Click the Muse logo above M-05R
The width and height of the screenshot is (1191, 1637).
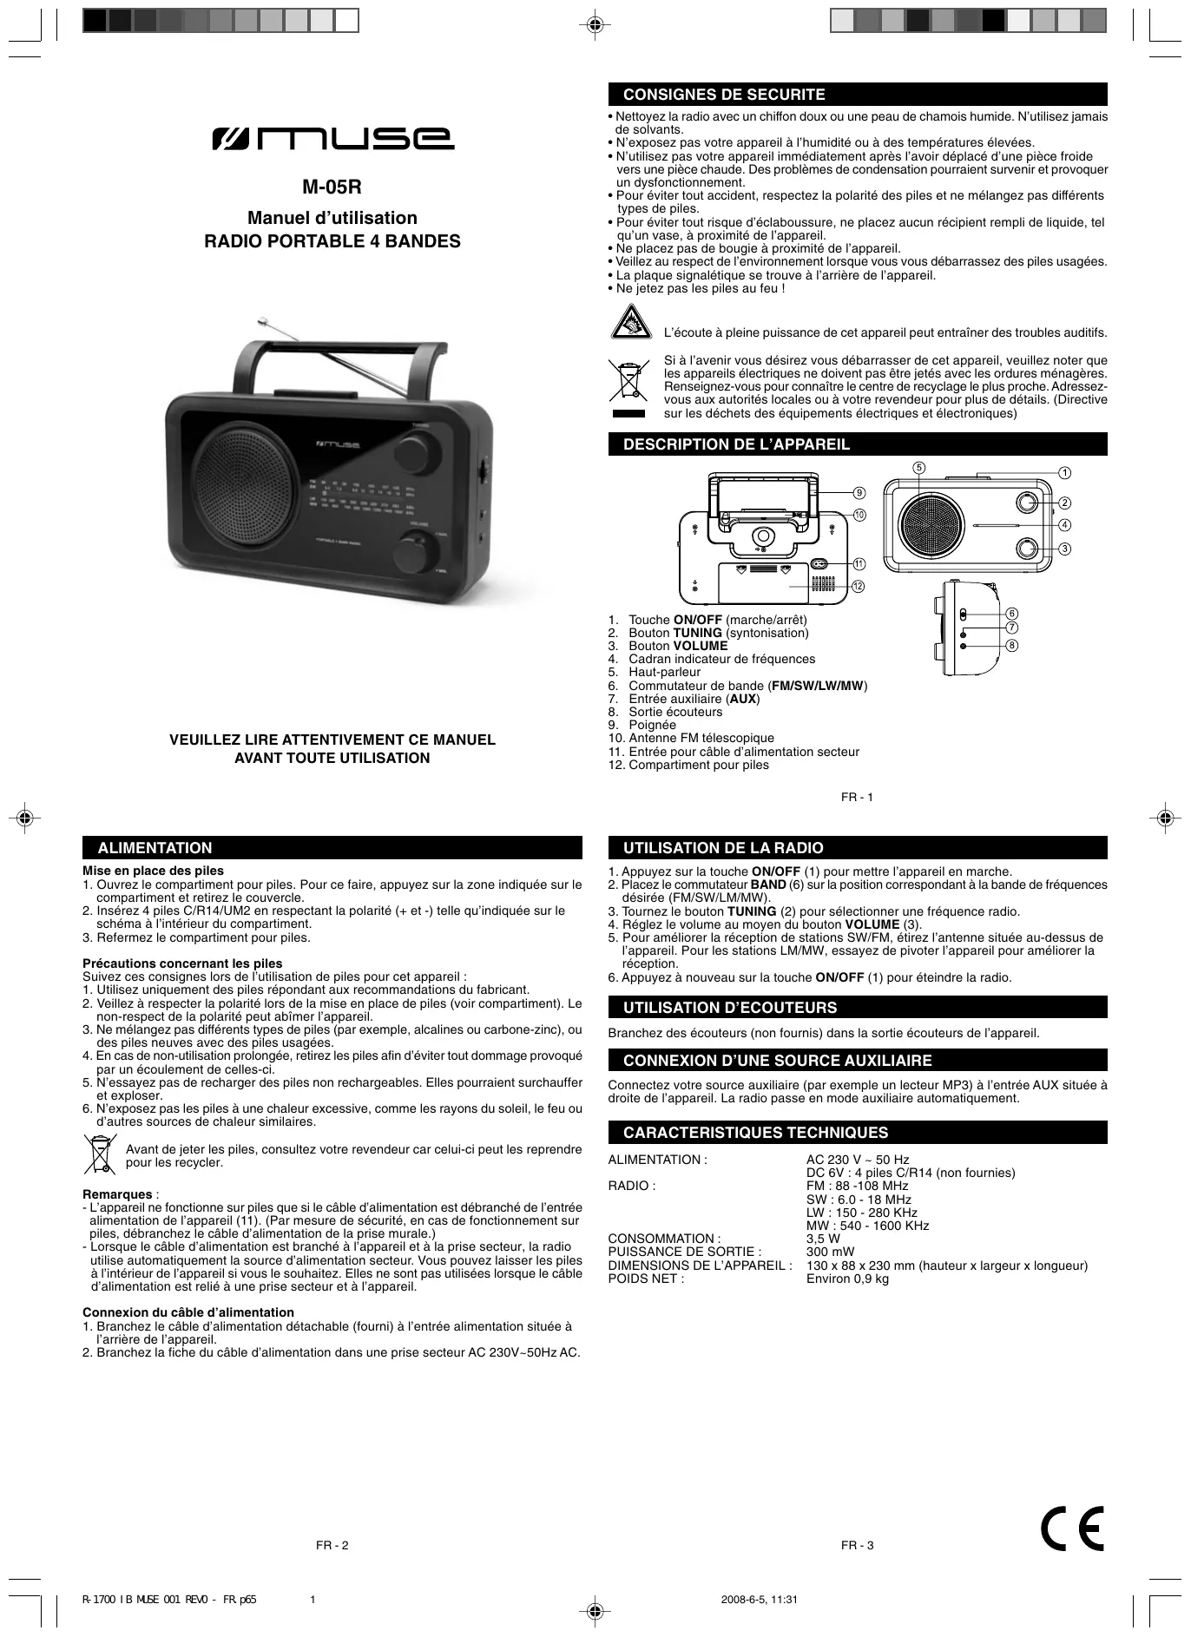click(x=332, y=139)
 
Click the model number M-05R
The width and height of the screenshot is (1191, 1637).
click(x=332, y=187)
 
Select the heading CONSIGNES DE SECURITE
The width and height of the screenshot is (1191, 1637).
click(x=724, y=95)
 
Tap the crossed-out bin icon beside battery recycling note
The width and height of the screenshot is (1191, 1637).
click(x=101, y=1154)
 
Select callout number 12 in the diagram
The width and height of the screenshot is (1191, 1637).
click(x=859, y=587)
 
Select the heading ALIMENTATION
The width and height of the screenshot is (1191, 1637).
click(x=155, y=848)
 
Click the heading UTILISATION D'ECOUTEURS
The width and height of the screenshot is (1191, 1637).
click(x=730, y=1008)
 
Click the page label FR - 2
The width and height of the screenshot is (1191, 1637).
click(x=332, y=1545)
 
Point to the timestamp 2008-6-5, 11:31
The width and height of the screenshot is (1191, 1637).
click(x=759, y=1599)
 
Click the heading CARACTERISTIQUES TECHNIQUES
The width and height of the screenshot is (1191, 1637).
click(x=755, y=1133)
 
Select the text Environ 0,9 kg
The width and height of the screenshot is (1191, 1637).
click(x=847, y=1279)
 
